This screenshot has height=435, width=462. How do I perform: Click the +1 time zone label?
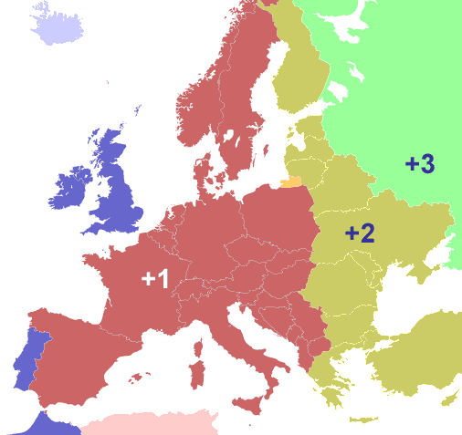click(155, 279)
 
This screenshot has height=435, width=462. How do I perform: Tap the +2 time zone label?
click(360, 233)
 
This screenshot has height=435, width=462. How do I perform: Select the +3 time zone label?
click(420, 164)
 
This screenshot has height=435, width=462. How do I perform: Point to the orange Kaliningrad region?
click(291, 182)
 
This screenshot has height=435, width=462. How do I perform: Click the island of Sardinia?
click(195, 374)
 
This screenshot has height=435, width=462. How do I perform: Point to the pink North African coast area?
click(151, 424)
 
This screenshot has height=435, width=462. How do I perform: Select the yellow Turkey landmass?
click(420, 365)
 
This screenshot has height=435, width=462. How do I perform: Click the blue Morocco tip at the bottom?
click(46, 425)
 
